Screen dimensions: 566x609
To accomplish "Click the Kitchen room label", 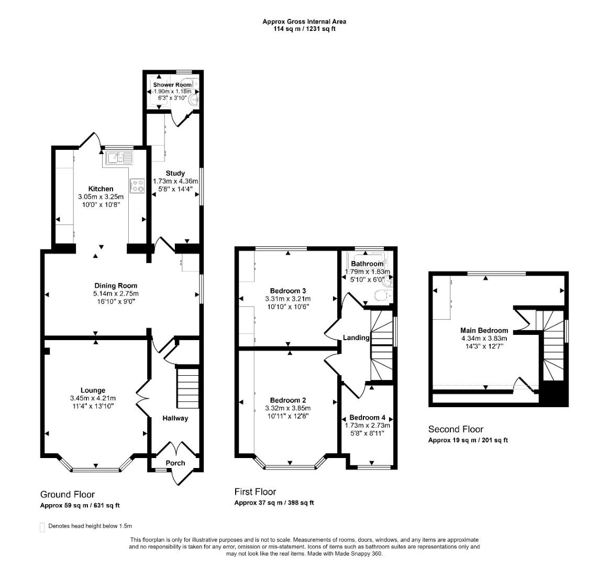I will click(x=101, y=189).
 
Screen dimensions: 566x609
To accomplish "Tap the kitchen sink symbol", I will click(x=119, y=157).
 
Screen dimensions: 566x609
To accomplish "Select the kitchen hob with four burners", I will click(x=137, y=185).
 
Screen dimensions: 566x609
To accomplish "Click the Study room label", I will click(x=175, y=173).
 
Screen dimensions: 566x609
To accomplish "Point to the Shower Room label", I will click(x=172, y=85).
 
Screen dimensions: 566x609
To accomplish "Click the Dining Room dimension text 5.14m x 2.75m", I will click(x=116, y=293).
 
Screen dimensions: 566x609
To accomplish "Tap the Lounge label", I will click(x=93, y=390).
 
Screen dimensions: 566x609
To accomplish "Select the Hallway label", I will click(x=175, y=418).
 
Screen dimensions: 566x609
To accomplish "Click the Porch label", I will click(x=175, y=463).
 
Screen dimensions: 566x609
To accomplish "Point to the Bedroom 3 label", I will click(x=288, y=291).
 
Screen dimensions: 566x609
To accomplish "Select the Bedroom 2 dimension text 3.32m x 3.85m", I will click(x=287, y=408).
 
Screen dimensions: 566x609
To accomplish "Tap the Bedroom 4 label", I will click(x=367, y=418).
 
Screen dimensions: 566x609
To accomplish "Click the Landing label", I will click(x=356, y=338).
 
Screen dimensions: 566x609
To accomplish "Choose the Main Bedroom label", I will click(x=484, y=330).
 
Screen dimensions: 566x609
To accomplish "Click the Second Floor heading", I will click(x=456, y=429).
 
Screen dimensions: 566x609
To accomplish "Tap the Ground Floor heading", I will click(x=68, y=494).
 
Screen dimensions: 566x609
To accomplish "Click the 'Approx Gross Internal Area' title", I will click(x=304, y=21).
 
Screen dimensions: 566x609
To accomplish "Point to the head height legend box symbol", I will click(x=42, y=527).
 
